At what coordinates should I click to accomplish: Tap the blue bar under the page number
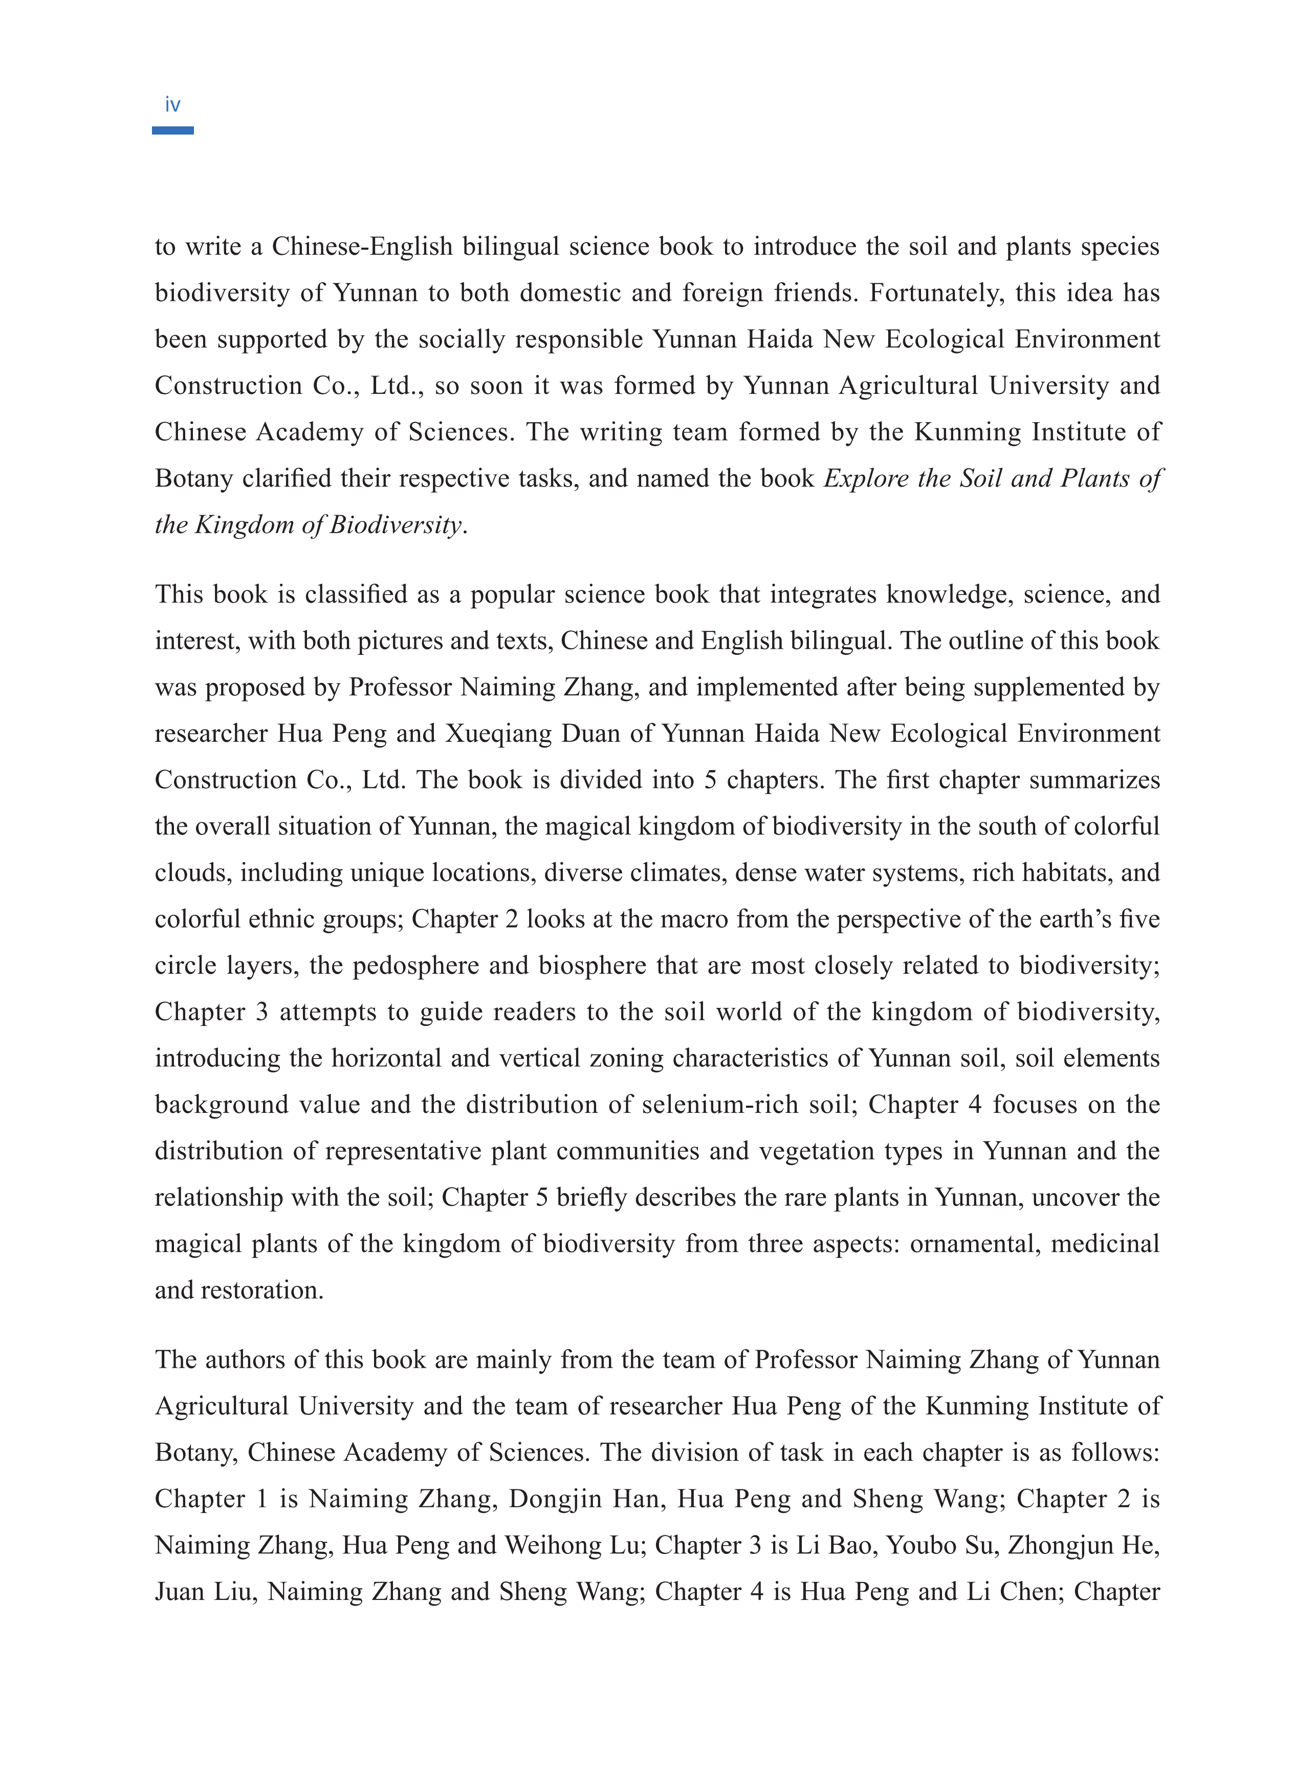[x=173, y=130]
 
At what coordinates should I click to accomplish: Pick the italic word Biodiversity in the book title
[x=396, y=524]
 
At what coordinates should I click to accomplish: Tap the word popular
[x=511, y=595]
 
